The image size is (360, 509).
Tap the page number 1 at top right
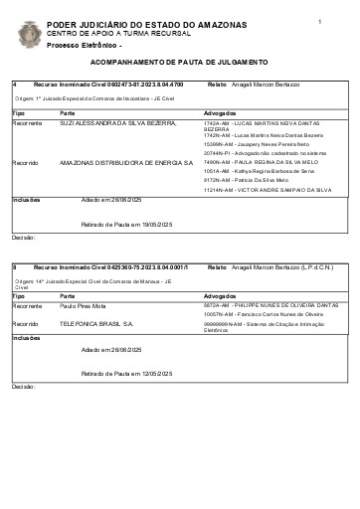click(x=320, y=20)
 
